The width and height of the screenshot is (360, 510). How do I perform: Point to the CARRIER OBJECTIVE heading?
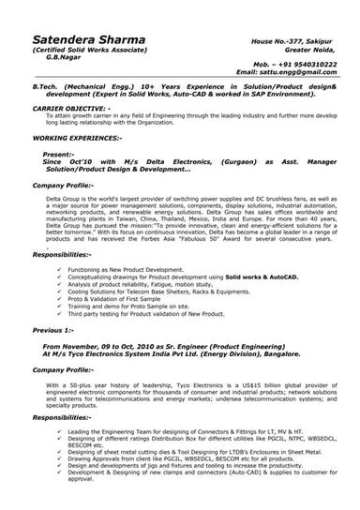[x=74, y=108]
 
